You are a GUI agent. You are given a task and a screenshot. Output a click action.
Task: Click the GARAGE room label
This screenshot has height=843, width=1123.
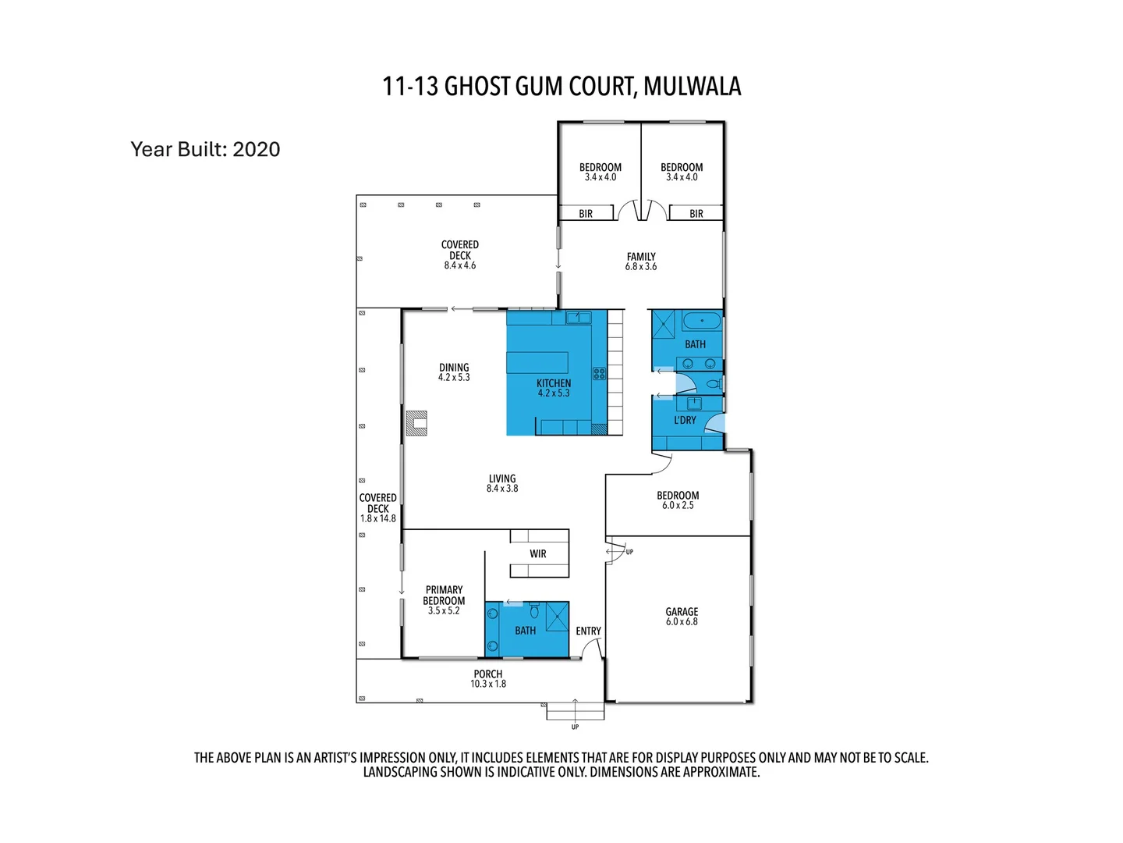point(682,612)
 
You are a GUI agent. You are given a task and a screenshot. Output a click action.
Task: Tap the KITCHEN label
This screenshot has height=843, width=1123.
point(554,383)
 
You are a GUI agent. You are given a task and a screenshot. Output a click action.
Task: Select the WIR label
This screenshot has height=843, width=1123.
point(538,554)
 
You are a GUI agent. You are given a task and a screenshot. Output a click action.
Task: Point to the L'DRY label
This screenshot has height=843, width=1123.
point(685,420)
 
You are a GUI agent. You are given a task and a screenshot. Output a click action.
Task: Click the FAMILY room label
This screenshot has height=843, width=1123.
point(641,256)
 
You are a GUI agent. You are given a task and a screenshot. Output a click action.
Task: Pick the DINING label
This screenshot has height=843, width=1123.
point(454,367)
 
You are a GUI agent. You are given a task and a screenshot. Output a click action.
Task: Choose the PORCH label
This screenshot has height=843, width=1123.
point(488,674)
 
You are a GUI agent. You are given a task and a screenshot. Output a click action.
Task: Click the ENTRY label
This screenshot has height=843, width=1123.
point(588,631)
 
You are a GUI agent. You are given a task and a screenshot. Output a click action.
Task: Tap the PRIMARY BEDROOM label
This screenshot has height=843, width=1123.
point(444,596)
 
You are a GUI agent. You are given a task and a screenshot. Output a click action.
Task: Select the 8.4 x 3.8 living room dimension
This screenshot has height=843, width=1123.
point(502,489)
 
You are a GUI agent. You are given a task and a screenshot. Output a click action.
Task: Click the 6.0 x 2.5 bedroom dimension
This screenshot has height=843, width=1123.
point(678,506)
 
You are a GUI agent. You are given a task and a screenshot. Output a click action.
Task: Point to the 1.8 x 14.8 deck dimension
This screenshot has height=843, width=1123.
point(378,518)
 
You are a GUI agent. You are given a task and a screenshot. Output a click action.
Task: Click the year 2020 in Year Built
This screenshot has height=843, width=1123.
point(257,149)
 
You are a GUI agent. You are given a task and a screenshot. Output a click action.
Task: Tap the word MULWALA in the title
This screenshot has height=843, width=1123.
point(693,86)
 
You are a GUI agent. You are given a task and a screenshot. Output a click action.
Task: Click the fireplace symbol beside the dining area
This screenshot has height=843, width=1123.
point(417,423)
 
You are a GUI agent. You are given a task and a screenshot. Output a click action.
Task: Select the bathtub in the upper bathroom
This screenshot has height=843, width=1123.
point(702,321)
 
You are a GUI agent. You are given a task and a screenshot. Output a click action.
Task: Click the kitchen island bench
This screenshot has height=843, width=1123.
point(537,363)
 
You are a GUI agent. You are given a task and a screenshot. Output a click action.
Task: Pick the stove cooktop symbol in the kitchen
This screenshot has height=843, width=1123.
point(599,374)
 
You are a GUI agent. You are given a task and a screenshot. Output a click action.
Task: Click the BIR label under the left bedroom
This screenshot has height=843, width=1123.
point(586,213)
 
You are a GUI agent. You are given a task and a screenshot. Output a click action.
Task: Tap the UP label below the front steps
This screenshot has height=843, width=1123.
point(575,727)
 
